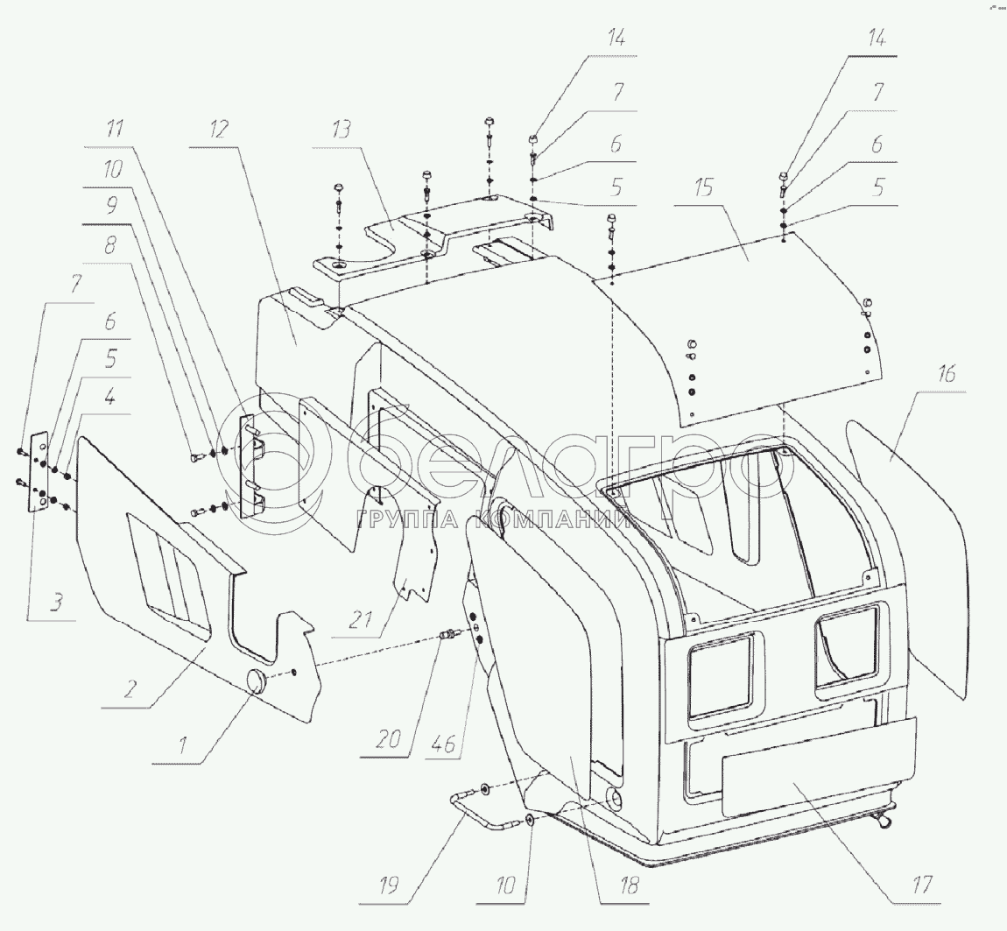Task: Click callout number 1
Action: (x=182, y=747)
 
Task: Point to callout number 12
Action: (x=218, y=130)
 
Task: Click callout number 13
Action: (x=341, y=130)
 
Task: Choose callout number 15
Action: (x=702, y=187)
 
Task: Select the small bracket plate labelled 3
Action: (x=39, y=472)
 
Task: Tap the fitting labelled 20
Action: (x=448, y=633)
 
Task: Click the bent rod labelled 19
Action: (x=477, y=803)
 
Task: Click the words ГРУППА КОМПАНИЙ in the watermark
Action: (x=496, y=521)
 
